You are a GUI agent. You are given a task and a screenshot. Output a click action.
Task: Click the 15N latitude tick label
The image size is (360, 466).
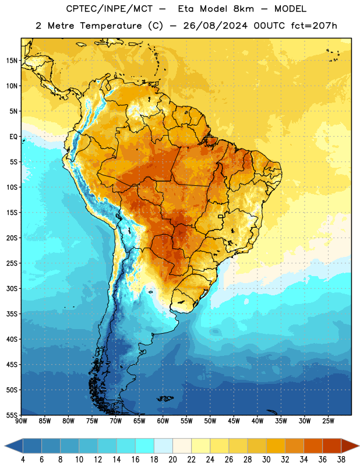tap(12, 61)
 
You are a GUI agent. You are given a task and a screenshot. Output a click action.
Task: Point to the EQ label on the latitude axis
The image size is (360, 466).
tap(13, 137)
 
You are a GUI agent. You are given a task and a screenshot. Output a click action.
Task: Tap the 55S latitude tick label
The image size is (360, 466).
tap(12, 415)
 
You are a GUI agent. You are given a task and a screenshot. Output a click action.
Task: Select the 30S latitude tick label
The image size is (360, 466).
tap(12, 288)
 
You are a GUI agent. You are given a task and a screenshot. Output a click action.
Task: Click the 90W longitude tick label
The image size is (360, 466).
tap(21, 421)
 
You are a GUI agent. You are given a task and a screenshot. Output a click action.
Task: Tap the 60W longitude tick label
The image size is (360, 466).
tap(163, 421)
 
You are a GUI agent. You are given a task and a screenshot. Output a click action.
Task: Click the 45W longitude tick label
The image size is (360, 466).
tap(234, 421)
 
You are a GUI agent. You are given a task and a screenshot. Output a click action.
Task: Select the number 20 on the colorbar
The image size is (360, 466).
tap(172, 460)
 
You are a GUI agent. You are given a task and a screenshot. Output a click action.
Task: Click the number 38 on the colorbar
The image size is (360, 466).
tap(341, 460)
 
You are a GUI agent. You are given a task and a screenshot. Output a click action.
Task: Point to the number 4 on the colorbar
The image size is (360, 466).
tap(23, 460)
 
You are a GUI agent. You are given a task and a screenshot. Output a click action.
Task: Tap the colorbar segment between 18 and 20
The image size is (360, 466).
tap(164, 446)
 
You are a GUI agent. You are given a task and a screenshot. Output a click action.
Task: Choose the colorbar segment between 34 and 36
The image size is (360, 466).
tap(313, 446)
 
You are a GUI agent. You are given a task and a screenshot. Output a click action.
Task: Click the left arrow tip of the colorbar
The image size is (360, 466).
tap(5, 446)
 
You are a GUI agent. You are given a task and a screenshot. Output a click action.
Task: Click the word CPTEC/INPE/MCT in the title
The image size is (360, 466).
tap(109, 9)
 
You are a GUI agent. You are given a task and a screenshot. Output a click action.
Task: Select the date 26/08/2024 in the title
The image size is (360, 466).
tap(215, 26)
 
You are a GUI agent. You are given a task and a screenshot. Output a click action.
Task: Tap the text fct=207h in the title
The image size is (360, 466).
tap(314, 26)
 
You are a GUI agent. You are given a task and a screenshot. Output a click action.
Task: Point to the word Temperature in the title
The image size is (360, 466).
tap(111, 26)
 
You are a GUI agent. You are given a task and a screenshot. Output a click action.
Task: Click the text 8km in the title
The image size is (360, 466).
tap(243, 9)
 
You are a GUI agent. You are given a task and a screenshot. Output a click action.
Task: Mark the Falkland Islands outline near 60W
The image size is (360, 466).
tap(165, 398)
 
